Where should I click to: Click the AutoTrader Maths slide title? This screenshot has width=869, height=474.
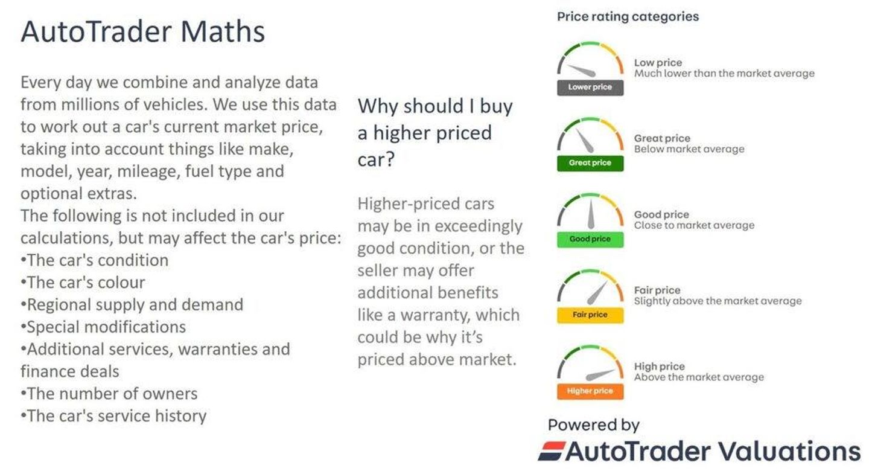click(x=143, y=31)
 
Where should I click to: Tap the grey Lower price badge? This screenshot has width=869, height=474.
click(x=590, y=88)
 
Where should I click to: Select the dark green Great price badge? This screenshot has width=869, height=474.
click(x=590, y=163)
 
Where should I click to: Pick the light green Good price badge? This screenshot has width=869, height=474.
click(x=590, y=239)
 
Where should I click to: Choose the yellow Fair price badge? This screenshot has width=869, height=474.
click(x=590, y=315)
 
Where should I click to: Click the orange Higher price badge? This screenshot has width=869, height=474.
click(x=590, y=391)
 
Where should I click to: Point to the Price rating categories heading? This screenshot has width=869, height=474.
click(x=628, y=17)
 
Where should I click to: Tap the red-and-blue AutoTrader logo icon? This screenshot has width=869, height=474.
click(x=552, y=451)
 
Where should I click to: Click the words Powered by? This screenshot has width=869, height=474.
click(x=594, y=425)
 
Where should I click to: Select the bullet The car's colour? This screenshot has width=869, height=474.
click(x=83, y=282)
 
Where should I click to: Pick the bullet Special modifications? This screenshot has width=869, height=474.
click(x=103, y=327)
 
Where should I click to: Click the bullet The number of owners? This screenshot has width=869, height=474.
click(x=109, y=394)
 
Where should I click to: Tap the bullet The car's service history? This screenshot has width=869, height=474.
click(x=113, y=416)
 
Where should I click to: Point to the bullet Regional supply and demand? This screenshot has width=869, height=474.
click(x=132, y=305)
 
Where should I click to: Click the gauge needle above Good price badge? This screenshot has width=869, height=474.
click(x=590, y=214)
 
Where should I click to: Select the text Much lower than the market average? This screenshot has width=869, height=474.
click(x=724, y=74)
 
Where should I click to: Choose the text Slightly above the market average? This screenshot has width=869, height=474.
click(x=718, y=301)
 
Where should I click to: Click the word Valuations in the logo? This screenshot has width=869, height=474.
click(x=789, y=451)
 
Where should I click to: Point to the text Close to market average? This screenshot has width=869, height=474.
click(x=695, y=225)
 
